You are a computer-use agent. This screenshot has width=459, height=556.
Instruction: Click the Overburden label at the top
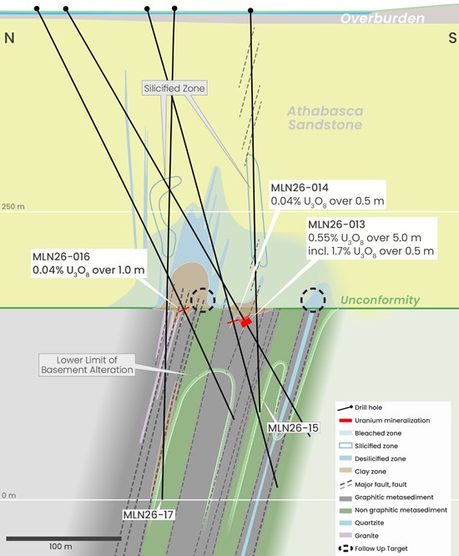(x=382, y=18)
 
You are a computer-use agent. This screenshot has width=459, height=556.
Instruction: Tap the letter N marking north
(x=9, y=38)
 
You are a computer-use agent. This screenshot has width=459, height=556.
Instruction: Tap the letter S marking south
(x=452, y=38)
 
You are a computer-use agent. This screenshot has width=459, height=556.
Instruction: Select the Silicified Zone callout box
(x=174, y=88)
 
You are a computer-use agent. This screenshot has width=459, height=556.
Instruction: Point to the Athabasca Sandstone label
(x=325, y=118)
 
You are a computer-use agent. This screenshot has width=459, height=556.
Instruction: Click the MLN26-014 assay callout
(x=327, y=195)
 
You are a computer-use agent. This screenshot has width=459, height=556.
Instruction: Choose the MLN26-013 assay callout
(x=371, y=238)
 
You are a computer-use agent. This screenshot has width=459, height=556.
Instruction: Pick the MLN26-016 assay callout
(x=88, y=264)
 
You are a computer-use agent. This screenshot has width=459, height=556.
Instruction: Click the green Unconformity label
(x=380, y=300)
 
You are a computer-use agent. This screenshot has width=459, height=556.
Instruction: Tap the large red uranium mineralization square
(x=246, y=322)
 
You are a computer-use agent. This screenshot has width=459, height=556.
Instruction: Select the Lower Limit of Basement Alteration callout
(x=87, y=365)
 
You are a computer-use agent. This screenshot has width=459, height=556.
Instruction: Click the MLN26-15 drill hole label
(x=293, y=428)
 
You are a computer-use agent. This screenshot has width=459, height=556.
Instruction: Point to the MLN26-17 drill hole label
(x=149, y=514)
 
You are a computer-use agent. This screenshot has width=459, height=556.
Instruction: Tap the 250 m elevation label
(x=13, y=206)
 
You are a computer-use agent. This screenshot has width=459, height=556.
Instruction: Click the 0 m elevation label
(x=8, y=495)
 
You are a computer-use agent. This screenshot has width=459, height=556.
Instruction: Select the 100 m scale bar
(x=63, y=539)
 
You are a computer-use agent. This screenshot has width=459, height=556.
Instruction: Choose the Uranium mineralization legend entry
(x=385, y=421)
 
